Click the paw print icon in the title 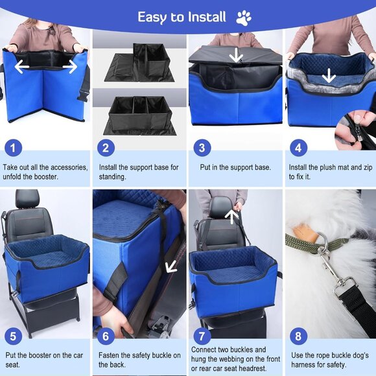pyautogui.click(x=244, y=18)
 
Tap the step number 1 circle pyautogui.click(x=14, y=147)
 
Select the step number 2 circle pyautogui.click(x=107, y=147)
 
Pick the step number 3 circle pyautogui.click(x=202, y=147)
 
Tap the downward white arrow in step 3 pyautogui.click(x=236, y=56)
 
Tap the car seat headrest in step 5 pyautogui.click(x=28, y=200)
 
